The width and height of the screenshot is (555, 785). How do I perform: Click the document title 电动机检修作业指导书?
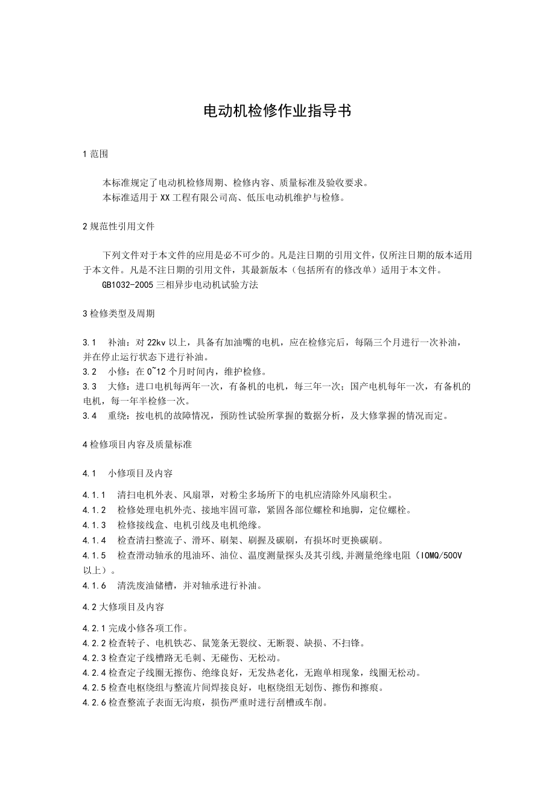point(277,110)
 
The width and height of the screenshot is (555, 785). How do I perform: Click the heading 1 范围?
point(95,154)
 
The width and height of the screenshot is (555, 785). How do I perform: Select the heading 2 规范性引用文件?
point(118,227)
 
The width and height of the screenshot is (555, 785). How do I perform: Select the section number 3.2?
point(90,371)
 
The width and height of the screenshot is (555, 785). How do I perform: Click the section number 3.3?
point(90,386)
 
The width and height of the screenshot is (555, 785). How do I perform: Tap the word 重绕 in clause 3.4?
point(118,415)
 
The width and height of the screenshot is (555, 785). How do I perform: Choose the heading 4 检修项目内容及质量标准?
point(137,444)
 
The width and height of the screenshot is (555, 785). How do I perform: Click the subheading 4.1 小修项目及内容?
point(127,473)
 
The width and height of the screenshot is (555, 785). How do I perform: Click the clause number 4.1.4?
point(94,539)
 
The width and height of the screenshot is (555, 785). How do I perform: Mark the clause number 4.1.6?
point(94,585)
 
